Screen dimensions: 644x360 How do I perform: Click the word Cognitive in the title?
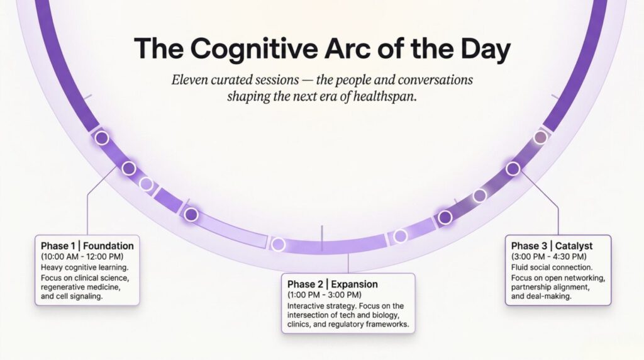coord(254,49)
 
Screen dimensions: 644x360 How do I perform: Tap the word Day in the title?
coord(486,49)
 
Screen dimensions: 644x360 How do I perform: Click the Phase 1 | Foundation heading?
coord(87,245)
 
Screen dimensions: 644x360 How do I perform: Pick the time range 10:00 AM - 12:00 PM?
coord(82,256)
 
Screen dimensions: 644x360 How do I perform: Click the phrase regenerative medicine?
coord(80,287)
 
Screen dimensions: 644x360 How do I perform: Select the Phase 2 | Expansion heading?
coord(332,284)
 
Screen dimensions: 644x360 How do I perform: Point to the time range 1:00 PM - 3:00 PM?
coord(325,295)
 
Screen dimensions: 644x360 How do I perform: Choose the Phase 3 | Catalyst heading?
coord(552,245)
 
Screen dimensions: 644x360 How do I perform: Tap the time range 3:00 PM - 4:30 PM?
coord(548,256)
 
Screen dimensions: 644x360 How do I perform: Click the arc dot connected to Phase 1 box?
coord(129,168)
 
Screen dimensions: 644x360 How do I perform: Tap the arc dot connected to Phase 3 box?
coord(513,169)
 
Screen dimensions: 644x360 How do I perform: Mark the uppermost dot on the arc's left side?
coord(102,138)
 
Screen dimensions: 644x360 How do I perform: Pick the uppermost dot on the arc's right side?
coord(540,137)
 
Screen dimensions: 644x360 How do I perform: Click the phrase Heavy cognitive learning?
coord(84,267)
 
